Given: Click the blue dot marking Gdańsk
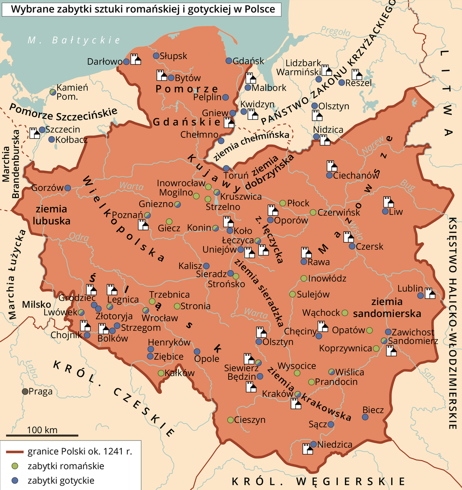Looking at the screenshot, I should [x=229, y=61].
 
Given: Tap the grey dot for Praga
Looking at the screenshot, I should [x=25, y=391].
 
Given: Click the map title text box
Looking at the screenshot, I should [x=141, y=10].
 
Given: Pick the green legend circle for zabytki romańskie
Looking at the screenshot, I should [x=16, y=466].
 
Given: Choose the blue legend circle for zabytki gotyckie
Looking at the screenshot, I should [x=16, y=480].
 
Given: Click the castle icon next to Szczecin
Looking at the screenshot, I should [x=34, y=133].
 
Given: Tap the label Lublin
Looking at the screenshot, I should [x=407, y=289].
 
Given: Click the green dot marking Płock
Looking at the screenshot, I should [x=282, y=203].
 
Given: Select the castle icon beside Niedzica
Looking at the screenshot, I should [x=307, y=449].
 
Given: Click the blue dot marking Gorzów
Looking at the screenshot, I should [x=68, y=188].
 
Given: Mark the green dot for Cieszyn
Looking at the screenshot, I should [x=230, y=419].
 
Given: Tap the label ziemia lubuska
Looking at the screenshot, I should [x=53, y=216].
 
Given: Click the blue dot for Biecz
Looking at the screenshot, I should [x=364, y=417].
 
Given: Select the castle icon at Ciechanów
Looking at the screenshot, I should [x=331, y=166].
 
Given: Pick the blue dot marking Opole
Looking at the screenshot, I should [x=196, y=351].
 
